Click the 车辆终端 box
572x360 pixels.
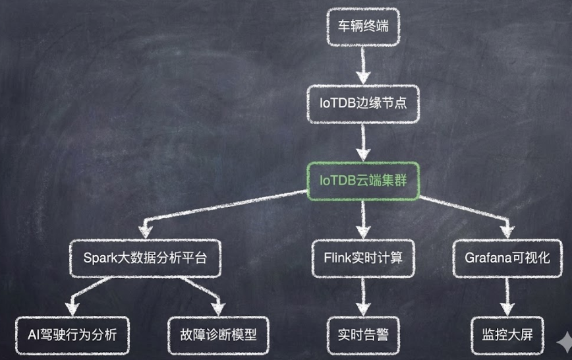(x=363, y=27)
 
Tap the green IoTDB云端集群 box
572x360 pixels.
(x=363, y=179)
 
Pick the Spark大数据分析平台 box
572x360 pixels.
(x=146, y=258)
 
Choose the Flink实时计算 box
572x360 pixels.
(x=363, y=258)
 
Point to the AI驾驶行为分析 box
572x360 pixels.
(x=73, y=334)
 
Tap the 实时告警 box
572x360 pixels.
(x=363, y=334)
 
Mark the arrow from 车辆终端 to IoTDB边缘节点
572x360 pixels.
(x=363, y=65)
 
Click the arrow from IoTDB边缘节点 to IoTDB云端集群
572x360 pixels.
(x=363, y=140)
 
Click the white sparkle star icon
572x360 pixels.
(x=564, y=341)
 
